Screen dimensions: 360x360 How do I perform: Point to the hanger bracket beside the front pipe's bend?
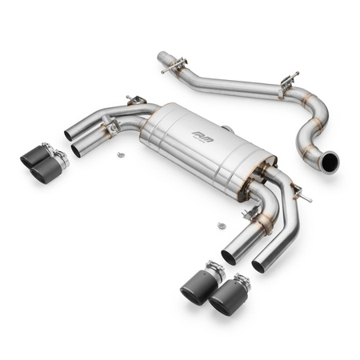click(x=287, y=79)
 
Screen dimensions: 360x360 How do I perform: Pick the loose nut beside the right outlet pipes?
click(x=221, y=226)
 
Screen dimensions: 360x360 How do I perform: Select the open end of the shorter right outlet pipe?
click(x=229, y=258)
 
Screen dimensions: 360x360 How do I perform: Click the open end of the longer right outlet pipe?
click(x=258, y=265)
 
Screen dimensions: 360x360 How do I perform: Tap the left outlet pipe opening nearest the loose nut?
click(x=78, y=150)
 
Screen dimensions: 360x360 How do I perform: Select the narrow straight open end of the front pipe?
click(x=162, y=58)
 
